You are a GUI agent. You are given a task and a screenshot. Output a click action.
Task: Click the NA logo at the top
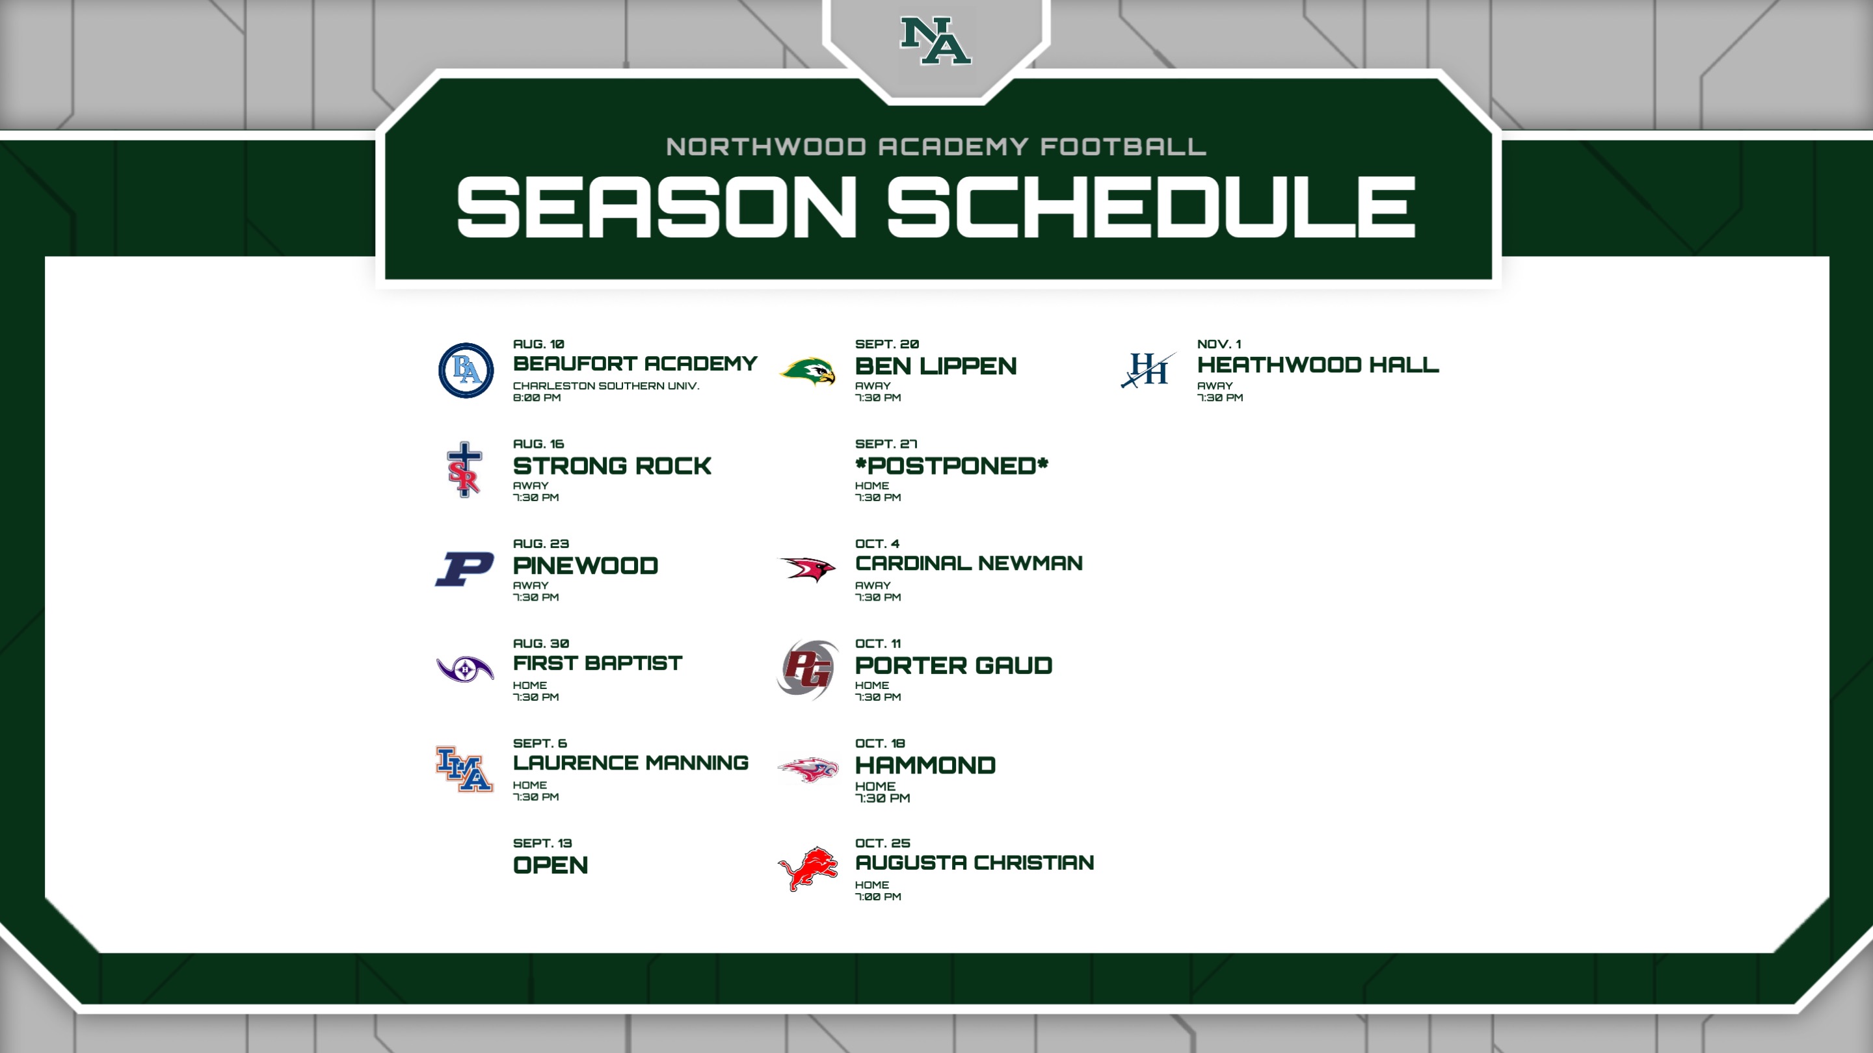tap(936, 41)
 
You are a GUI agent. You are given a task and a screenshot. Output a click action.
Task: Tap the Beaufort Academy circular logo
tap(466, 370)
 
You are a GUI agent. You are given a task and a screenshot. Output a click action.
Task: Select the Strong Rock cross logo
tap(464, 469)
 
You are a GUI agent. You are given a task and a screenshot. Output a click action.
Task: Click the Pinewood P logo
tap(464, 569)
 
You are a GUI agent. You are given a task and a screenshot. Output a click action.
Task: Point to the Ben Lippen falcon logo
tap(808, 370)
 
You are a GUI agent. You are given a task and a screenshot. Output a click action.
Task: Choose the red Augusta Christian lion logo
tap(808, 868)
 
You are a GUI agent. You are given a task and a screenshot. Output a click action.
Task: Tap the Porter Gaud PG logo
tap(807, 669)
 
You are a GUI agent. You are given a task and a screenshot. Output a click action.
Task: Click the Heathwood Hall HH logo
tap(1148, 370)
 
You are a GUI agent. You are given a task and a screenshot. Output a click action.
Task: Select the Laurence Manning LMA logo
tap(464, 769)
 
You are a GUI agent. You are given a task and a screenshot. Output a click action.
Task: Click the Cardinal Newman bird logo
tap(808, 568)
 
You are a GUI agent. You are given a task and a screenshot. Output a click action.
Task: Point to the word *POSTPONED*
tap(951, 466)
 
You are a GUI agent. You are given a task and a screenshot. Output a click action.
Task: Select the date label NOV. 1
tap(1219, 344)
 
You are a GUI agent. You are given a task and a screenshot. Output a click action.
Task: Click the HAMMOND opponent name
tap(925, 765)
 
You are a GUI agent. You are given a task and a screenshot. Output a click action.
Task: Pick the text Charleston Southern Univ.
tap(606, 386)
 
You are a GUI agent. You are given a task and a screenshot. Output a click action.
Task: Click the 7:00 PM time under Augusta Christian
tap(879, 897)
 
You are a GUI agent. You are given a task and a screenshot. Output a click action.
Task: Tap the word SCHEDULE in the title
tap(1152, 207)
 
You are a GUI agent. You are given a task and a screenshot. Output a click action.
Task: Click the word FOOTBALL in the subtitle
tap(1123, 147)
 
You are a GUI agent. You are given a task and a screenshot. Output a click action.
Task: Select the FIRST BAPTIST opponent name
tap(598, 664)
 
